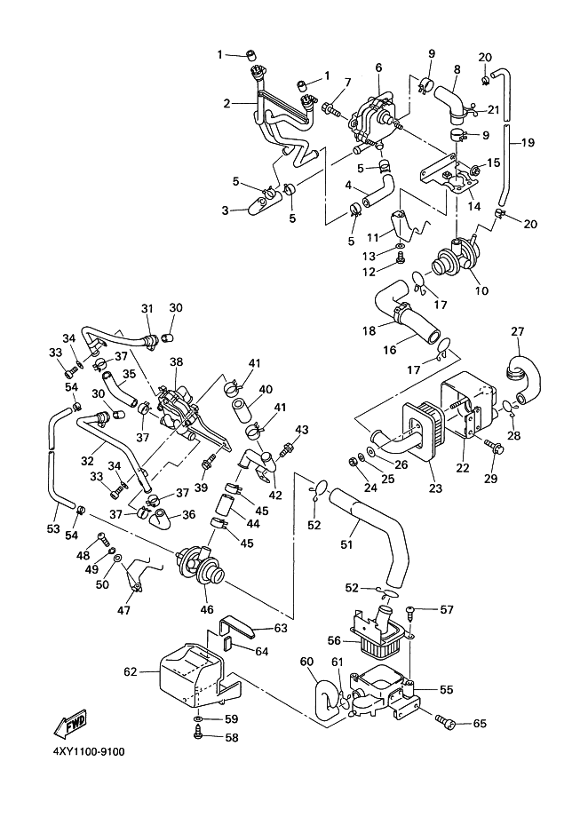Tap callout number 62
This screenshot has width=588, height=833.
click(x=130, y=672)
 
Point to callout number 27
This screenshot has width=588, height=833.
click(x=516, y=333)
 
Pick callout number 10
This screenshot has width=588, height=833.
click(x=481, y=290)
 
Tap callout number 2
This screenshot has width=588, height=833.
click(x=228, y=104)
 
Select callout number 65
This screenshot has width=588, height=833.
click(x=480, y=724)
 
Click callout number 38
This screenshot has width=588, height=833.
click(x=176, y=362)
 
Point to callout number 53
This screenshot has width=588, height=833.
click(x=53, y=529)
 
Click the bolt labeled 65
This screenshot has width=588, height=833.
click(x=448, y=724)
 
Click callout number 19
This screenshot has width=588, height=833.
click(x=528, y=142)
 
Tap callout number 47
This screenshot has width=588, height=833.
click(x=123, y=611)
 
